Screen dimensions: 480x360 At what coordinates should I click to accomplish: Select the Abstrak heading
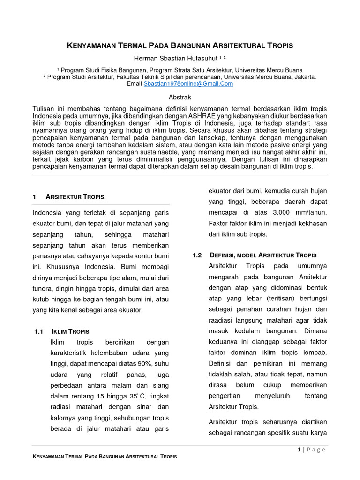(x=180, y=97)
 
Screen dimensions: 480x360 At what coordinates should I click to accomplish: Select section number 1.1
(x=39, y=331)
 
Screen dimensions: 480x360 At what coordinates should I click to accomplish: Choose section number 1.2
(x=197, y=255)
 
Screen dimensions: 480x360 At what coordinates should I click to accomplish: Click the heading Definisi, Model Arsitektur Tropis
(x=262, y=255)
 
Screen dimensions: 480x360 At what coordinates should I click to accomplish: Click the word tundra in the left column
(x=43, y=288)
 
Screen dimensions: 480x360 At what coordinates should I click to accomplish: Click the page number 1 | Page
(x=311, y=450)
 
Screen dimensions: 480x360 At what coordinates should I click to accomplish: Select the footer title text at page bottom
(x=105, y=456)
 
